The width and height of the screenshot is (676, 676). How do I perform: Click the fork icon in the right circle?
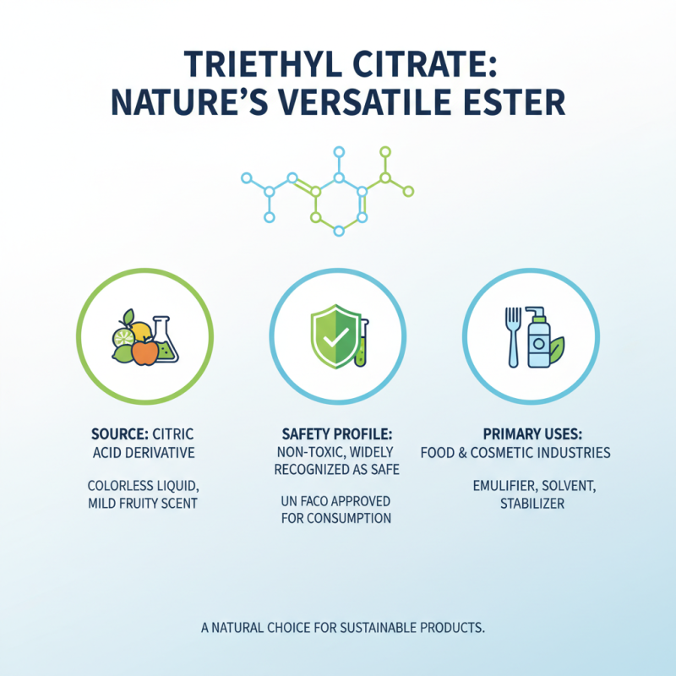coord(511,335)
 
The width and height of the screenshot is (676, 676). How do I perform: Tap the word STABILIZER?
coord(531,504)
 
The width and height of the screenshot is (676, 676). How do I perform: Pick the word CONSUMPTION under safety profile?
coord(349,519)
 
